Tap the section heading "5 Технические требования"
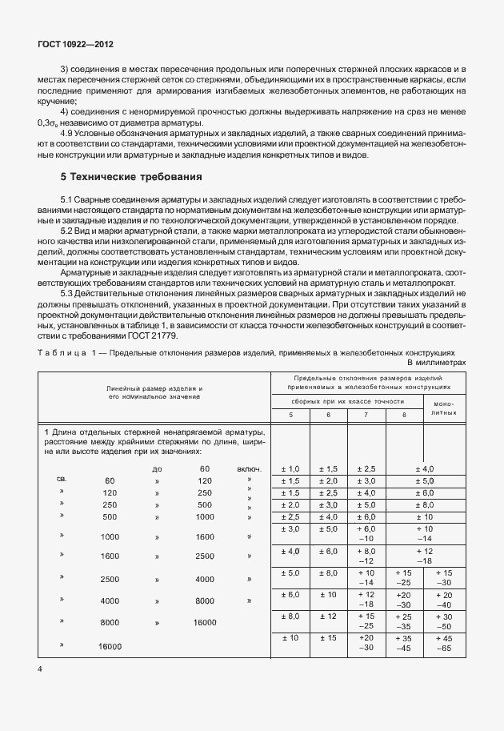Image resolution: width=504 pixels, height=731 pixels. pyautogui.click(x=132, y=175)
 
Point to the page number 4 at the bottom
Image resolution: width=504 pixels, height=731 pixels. pyautogui.click(x=39, y=667)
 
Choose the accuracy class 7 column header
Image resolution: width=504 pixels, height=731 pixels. pyautogui.click(x=366, y=414)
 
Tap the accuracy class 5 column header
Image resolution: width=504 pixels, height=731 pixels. pyautogui.click(x=290, y=414)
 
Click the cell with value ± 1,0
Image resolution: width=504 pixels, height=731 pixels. pyautogui.click(x=290, y=468)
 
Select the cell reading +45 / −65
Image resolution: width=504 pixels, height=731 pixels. pyautogui.click(x=444, y=642)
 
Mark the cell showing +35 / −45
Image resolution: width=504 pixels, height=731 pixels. pyautogui.click(x=406, y=642)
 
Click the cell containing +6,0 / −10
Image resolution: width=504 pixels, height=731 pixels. pyautogui.click(x=366, y=534)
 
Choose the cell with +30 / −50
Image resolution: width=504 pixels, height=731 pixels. pyautogui.click(x=444, y=621)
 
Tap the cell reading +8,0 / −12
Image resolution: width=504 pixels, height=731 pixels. pyautogui.click(x=366, y=556)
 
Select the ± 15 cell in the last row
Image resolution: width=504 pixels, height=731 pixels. pyautogui.click(x=328, y=637)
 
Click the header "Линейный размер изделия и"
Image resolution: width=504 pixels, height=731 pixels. pyautogui.click(x=154, y=388)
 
